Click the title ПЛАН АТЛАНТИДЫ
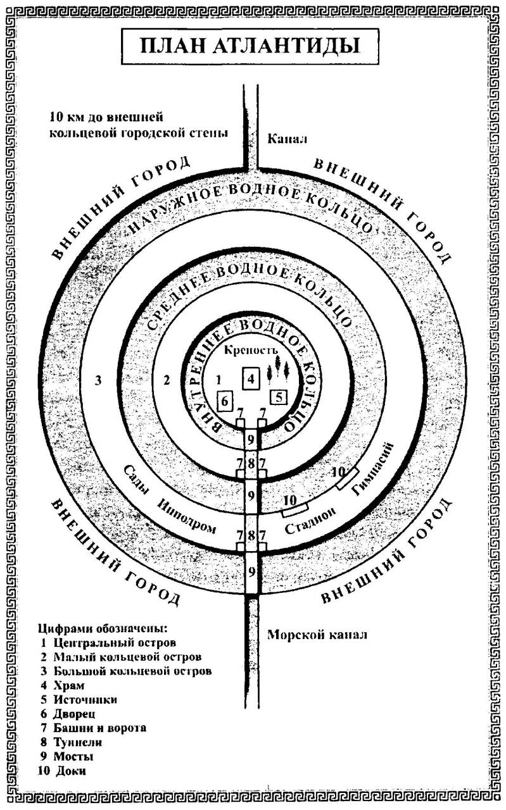(251, 47)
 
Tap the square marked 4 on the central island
(251, 379)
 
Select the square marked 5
(279, 397)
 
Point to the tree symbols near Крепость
(280, 368)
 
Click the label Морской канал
(317, 634)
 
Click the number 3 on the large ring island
(98, 380)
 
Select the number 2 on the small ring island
(167, 380)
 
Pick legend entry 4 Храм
(66, 685)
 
